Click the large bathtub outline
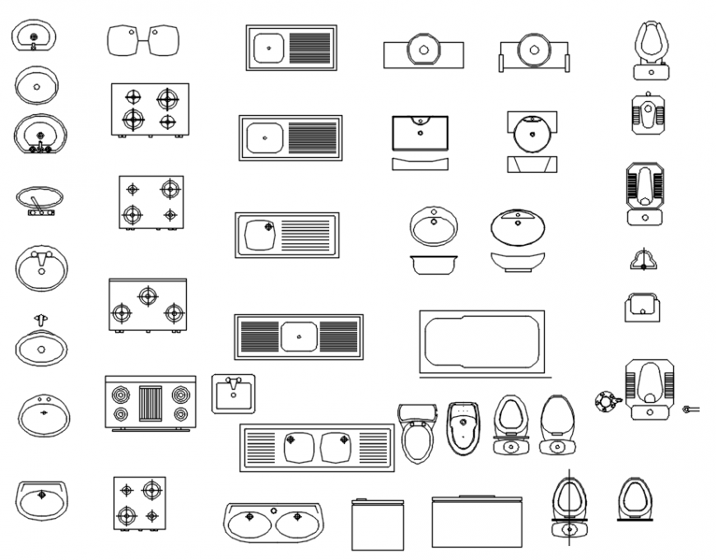point(481,341)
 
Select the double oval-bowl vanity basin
point(272,522)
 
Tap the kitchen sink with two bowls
point(317,447)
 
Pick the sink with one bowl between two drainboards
point(299,336)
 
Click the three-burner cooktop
point(147,304)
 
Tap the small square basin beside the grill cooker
point(234,393)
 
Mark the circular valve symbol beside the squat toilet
point(607,401)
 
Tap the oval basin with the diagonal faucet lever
point(39,199)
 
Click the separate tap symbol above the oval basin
point(40,320)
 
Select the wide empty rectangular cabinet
point(477,521)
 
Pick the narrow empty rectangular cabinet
point(377,524)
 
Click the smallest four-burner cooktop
point(139,502)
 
